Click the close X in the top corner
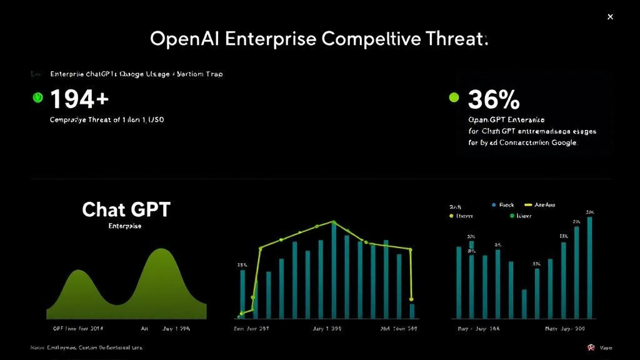[610, 17]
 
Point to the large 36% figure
[494, 99]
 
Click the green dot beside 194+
[37, 97]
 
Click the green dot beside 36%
[454, 97]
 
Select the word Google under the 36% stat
[563, 142]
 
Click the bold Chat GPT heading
[126, 209]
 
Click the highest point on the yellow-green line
[334, 222]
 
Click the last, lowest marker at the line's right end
[412, 299]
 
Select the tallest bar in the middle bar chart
[334, 270]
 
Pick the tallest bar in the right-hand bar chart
[589, 267]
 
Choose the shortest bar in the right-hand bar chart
[524, 304]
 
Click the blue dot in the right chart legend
[494, 205]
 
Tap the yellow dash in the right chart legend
[527, 205]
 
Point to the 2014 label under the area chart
[97, 327]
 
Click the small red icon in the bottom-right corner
[589, 347]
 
